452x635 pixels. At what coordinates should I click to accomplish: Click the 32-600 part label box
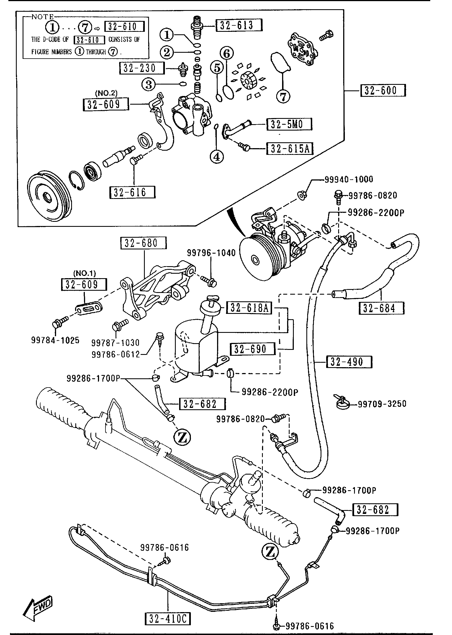pyautogui.click(x=383, y=90)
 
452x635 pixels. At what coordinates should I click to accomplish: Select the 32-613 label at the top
pyautogui.click(x=239, y=25)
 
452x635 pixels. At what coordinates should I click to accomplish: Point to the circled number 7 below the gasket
pyautogui.click(x=283, y=97)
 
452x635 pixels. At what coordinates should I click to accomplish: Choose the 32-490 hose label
pyautogui.click(x=349, y=362)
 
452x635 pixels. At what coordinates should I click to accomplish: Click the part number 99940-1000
pyautogui.click(x=349, y=179)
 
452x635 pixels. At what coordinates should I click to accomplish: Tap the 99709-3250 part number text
pyautogui.click(x=382, y=404)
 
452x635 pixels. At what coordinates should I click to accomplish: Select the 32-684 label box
pyautogui.click(x=381, y=308)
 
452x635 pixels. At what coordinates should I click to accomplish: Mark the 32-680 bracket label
pyautogui.click(x=143, y=243)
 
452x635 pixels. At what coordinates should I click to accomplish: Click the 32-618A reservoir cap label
pyautogui.click(x=249, y=308)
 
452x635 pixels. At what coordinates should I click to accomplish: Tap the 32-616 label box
pyautogui.click(x=133, y=192)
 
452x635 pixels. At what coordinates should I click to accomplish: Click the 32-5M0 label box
pyautogui.click(x=289, y=124)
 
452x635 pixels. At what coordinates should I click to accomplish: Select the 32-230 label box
pyautogui.click(x=142, y=68)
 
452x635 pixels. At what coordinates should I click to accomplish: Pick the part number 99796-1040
pyautogui.click(x=211, y=253)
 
